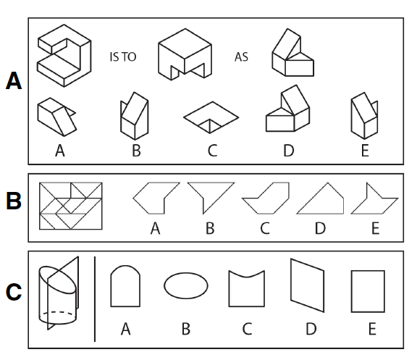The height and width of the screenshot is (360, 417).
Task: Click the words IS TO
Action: pyautogui.click(x=122, y=56)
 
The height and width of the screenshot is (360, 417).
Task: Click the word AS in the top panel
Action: pyautogui.click(x=241, y=56)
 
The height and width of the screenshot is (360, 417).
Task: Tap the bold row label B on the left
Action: pyautogui.click(x=12, y=202)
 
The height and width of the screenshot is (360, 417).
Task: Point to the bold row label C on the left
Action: pyautogui.click(x=12, y=293)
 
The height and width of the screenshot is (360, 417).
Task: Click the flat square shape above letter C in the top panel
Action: pyautogui.click(x=211, y=117)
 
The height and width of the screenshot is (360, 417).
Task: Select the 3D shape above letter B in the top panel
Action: pyautogui.click(x=136, y=114)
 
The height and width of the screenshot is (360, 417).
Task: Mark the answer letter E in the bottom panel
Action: pyautogui.click(x=371, y=329)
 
